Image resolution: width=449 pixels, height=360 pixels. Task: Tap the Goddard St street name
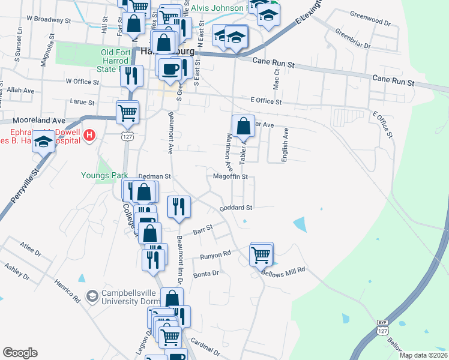click(236, 208)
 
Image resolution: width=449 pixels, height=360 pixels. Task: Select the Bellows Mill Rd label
click(283, 270)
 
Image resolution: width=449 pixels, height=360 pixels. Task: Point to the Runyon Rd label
click(215, 254)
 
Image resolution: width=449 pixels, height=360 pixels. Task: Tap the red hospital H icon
click(90, 136)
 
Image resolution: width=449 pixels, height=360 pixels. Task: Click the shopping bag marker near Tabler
click(243, 127)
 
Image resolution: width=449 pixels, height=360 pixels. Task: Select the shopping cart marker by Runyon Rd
click(261, 254)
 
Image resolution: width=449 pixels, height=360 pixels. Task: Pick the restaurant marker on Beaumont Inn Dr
click(178, 208)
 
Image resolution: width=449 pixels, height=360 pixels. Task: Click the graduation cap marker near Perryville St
click(43, 142)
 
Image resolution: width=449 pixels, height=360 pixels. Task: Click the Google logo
click(20, 353)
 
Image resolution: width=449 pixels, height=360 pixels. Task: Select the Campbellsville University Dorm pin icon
click(92, 296)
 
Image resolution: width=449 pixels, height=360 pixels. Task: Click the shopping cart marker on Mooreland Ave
click(127, 112)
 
